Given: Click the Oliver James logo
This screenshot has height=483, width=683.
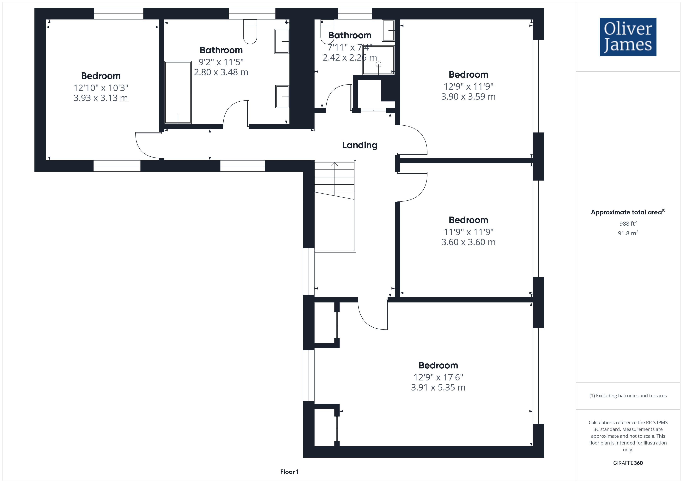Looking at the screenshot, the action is point(628,37).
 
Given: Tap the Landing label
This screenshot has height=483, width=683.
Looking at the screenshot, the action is point(360,145).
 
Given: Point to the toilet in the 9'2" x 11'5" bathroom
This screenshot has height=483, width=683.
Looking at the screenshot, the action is point(250,32).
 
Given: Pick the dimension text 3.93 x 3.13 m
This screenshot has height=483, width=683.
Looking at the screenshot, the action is point(100,98).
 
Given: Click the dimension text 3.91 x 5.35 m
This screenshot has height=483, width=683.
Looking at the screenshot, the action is point(438,387).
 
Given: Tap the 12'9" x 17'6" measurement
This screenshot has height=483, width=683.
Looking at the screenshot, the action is point(438,377).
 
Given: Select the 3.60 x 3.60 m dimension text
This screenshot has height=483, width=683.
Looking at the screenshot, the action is point(468,242).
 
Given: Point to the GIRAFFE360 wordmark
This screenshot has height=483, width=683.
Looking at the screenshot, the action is point(628,463).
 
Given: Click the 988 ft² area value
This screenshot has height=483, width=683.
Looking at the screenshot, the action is point(628,223).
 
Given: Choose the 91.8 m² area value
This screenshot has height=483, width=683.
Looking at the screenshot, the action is point(628,233).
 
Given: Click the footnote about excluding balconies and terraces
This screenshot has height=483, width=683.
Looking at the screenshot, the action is point(628,396).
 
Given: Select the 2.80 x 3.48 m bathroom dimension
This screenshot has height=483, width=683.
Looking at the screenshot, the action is point(221,72).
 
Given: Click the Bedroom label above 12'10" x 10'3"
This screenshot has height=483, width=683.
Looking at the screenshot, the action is point(101,76).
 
